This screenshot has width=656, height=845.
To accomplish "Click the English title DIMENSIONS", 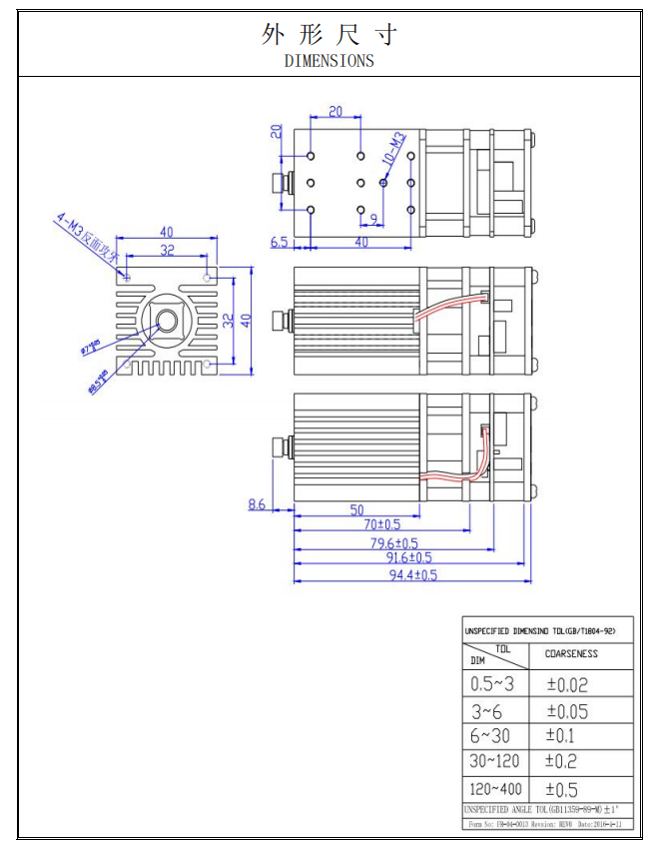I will pyautogui.click(x=328, y=60).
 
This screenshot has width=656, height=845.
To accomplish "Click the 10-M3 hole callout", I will pyautogui.click(x=392, y=149).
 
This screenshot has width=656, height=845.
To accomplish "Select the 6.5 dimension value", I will pyautogui.click(x=280, y=242).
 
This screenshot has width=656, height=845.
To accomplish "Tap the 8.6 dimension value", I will pyautogui.click(x=257, y=505).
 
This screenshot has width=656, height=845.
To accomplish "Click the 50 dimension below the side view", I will pyautogui.click(x=356, y=509).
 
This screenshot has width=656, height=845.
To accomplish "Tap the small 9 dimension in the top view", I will pyautogui.click(x=372, y=218).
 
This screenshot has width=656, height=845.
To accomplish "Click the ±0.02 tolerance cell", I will pyautogui.click(x=567, y=685).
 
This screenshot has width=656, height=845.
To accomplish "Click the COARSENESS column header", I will pyautogui.click(x=571, y=654).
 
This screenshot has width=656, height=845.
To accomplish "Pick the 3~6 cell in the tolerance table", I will pyautogui.click(x=487, y=711).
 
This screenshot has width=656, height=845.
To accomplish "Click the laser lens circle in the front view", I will pyautogui.click(x=166, y=321).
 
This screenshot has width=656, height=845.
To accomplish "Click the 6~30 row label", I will pyautogui.click(x=489, y=736).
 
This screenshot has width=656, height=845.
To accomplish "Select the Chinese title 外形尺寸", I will pyautogui.click(x=328, y=35).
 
